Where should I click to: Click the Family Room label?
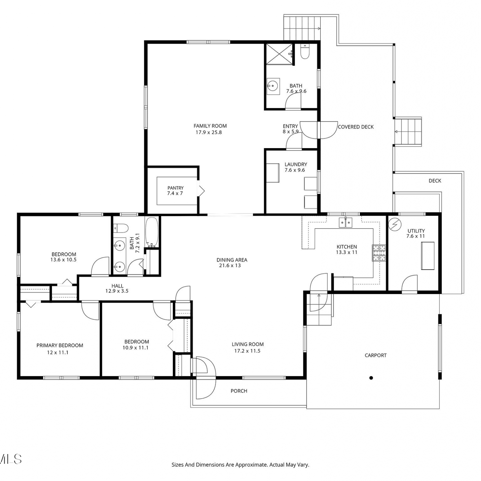(210, 126)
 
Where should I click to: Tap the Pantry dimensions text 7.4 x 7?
(175, 193)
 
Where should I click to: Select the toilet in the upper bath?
(305, 52)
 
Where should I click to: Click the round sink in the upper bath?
(273, 86)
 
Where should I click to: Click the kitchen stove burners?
(379, 253)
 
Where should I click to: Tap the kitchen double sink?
(346, 222)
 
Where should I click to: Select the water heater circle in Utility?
(395, 224)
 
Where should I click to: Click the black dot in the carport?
(371, 378)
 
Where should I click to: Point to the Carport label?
(376, 355)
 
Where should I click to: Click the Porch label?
(239, 391)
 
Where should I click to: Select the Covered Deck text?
(356, 127)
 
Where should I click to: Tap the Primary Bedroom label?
(60, 345)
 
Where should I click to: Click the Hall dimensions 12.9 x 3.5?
(117, 291)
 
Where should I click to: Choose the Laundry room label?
(296, 165)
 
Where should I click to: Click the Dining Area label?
(232, 260)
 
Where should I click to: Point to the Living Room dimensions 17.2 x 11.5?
(247, 351)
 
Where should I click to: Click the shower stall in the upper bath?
(279, 54)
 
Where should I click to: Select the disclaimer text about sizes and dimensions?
(240, 465)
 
